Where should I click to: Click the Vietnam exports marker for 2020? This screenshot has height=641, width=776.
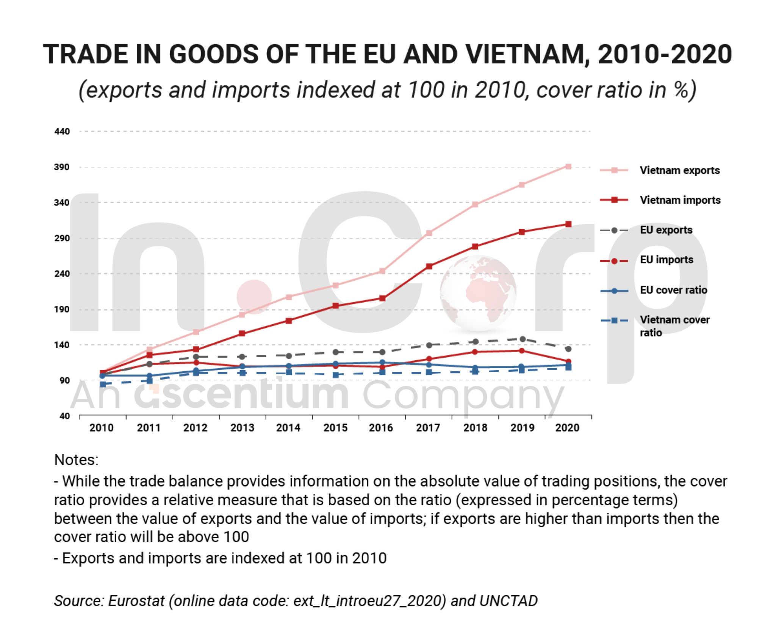[x=568, y=167]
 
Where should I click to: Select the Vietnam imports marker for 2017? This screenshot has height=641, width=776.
[x=429, y=266]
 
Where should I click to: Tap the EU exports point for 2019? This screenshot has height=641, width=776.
[x=522, y=339]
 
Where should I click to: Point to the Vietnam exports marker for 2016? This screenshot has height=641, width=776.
[x=382, y=271]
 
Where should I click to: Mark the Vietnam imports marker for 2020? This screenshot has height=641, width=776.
[x=568, y=224]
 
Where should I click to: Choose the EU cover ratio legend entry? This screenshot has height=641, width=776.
[x=673, y=290]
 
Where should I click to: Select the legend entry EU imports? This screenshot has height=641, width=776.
[x=666, y=260]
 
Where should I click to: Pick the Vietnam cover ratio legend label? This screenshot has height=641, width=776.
[x=674, y=326]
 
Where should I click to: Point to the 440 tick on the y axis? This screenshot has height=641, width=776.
[x=62, y=132]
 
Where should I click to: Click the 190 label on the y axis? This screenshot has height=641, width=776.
[x=62, y=310]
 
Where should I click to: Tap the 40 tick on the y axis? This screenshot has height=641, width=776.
[x=65, y=416]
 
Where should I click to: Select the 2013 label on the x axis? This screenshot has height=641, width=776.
[x=242, y=428]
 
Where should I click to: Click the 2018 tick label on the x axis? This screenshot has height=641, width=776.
[x=475, y=428]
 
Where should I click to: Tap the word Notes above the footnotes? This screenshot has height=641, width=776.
[x=76, y=460]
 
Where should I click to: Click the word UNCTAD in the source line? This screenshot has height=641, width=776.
[x=508, y=601]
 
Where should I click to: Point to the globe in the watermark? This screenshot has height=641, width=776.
[x=478, y=293]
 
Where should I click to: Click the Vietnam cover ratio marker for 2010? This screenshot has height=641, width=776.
[x=103, y=384]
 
